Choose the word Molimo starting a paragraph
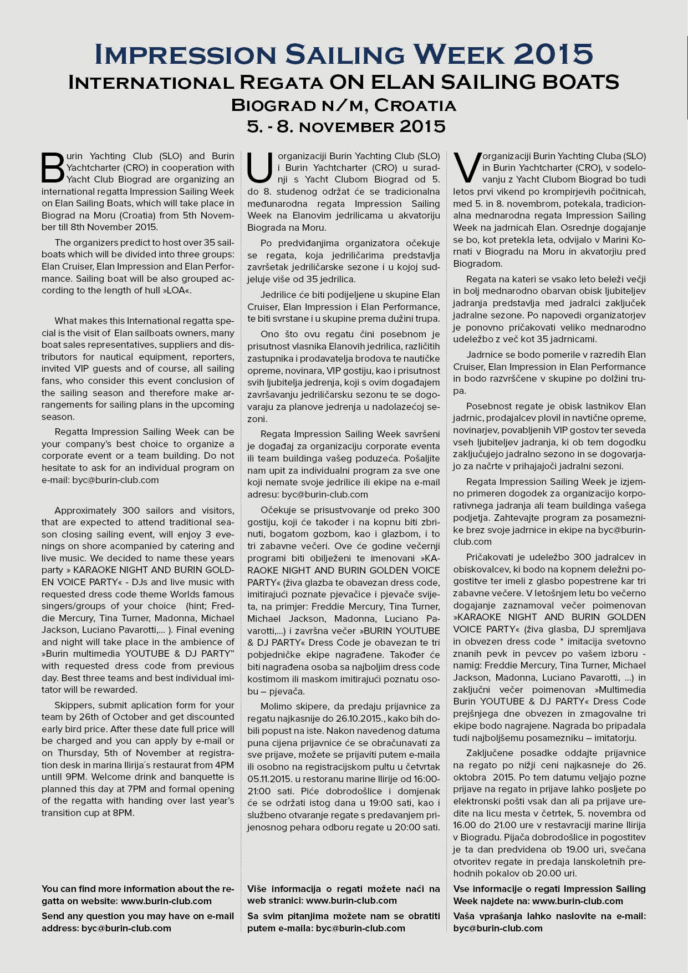pyautogui.click(x=277, y=706)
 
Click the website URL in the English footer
pyautogui.click(x=166, y=901)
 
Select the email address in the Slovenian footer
pyautogui.click(x=498, y=928)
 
